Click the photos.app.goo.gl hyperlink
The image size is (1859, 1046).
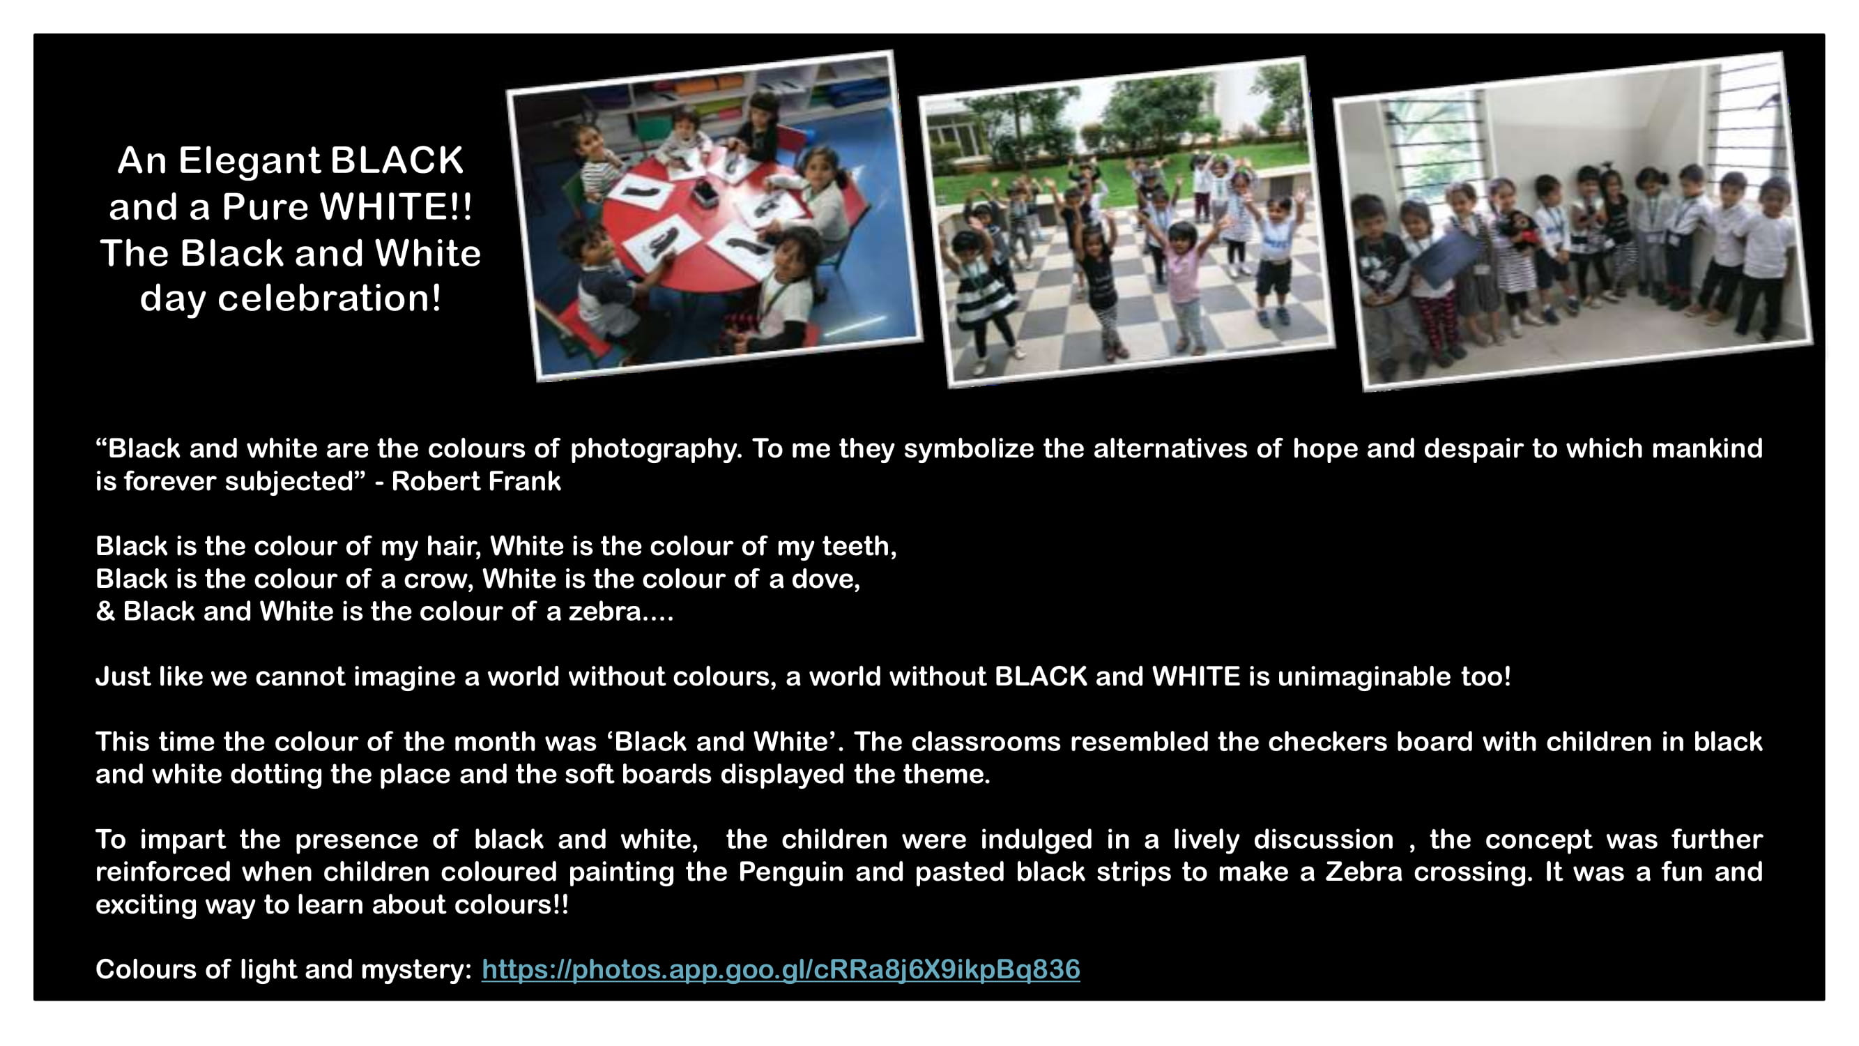(x=780, y=969)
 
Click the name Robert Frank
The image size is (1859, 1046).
(x=475, y=481)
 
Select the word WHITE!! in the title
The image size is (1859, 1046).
(x=395, y=206)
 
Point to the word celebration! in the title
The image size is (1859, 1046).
(x=329, y=298)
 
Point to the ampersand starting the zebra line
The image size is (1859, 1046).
(x=105, y=612)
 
